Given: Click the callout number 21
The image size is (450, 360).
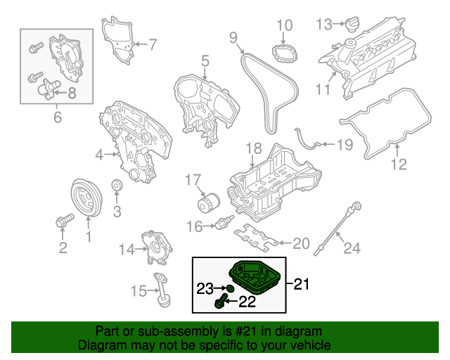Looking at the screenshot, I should tap(302, 284).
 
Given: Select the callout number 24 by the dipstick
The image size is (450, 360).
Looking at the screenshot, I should tap(352, 247).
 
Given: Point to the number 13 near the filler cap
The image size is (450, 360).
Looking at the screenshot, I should tap(323, 25).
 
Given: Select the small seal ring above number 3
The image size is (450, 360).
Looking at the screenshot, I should tap(117, 186).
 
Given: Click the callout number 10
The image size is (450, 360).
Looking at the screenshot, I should tap(284, 27).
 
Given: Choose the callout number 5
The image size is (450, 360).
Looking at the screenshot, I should tap(205, 61).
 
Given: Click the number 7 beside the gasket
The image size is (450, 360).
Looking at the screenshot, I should tap(153, 45).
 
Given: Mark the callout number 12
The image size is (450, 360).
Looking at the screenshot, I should tap(399, 166).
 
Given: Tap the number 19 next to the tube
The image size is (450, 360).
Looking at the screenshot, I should tap(344, 146).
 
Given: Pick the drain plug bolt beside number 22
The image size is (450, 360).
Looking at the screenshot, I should tap(219, 302).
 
